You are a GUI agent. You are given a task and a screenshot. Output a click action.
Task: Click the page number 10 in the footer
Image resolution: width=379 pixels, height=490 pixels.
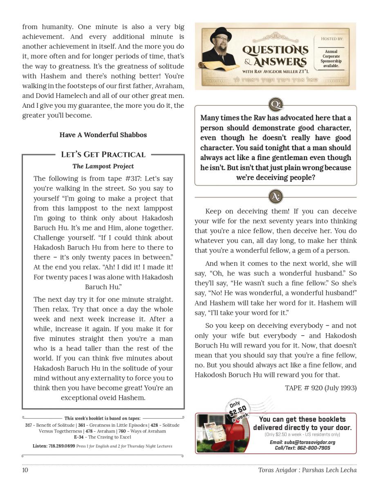pyautogui.click(x=25, y=470)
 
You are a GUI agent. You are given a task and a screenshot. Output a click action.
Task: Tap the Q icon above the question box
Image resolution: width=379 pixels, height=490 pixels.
pyautogui.click(x=275, y=105)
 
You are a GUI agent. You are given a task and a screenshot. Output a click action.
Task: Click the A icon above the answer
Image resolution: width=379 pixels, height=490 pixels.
pyautogui.click(x=275, y=197)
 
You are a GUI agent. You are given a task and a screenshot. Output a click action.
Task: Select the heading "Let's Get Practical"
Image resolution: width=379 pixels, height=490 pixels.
pyautogui.click(x=103, y=154)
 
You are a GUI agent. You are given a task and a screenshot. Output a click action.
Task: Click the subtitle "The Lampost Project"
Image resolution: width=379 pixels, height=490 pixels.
pyautogui.click(x=103, y=166)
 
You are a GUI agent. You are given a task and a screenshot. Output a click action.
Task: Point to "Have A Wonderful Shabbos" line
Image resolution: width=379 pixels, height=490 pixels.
pyautogui.click(x=103, y=135)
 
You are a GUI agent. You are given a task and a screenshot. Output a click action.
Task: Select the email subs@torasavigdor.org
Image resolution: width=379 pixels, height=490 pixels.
pyautogui.click(x=303, y=442)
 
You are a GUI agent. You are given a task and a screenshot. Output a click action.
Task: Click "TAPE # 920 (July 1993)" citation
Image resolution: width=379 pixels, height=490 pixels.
pyautogui.click(x=321, y=388)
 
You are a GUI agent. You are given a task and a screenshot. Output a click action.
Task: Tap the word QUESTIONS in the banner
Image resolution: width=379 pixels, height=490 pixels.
pyautogui.click(x=275, y=51)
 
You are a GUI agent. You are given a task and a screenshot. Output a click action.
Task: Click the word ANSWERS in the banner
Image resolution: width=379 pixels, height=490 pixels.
pyautogui.click(x=280, y=62)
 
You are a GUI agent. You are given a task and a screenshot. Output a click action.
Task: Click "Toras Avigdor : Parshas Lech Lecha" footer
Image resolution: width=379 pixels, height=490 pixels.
pyautogui.click(x=307, y=470)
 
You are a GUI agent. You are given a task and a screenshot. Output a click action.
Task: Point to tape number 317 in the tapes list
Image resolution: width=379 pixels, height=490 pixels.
pyautogui.click(x=28, y=425)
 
